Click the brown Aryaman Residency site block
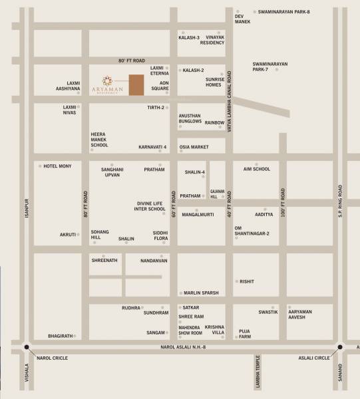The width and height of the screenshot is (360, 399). [x=136, y=85]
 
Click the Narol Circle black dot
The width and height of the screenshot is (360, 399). [x=27, y=347]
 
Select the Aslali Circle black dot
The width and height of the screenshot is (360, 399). [x=340, y=347]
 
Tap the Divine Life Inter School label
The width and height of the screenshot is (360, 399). [x=150, y=206]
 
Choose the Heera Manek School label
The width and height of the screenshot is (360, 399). [x=100, y=140]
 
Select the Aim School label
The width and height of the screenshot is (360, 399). [x=257, y=169]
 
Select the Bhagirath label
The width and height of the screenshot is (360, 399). [x=61, y=336]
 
